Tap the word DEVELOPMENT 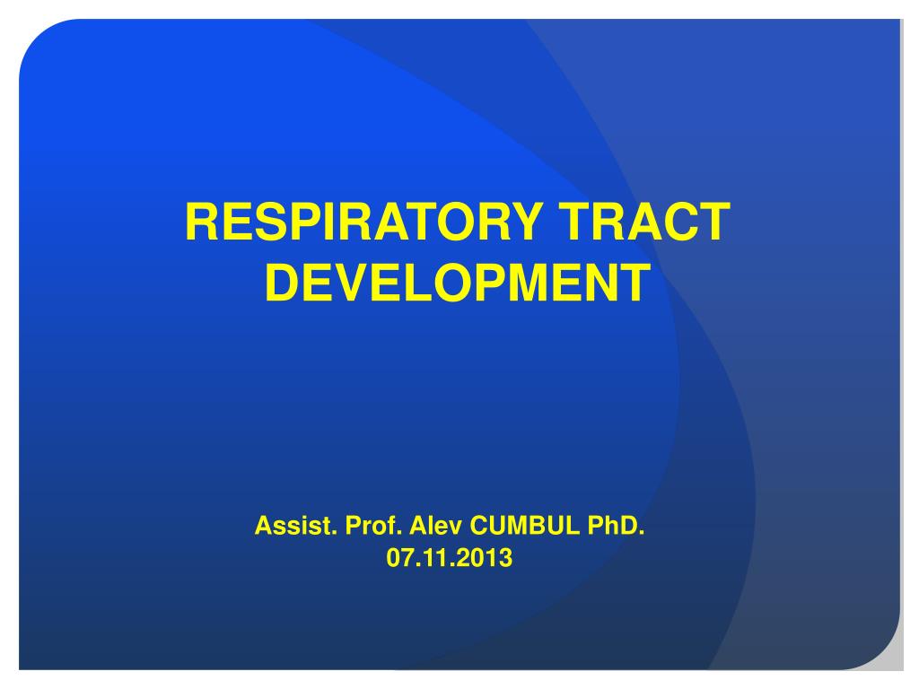click(x=458, y=283)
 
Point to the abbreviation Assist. click(x=296, y=526)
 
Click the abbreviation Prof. click(x=373, y=526)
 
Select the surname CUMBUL click(x=524, y=526)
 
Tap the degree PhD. click(x=616, y=526)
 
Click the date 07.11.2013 click(x=450, y=558)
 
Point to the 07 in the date click(x=399, y=558)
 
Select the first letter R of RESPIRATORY click(x=202, y=222)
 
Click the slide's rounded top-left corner click(x=36, y=36)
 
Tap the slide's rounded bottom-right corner click(x=884, y=653)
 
